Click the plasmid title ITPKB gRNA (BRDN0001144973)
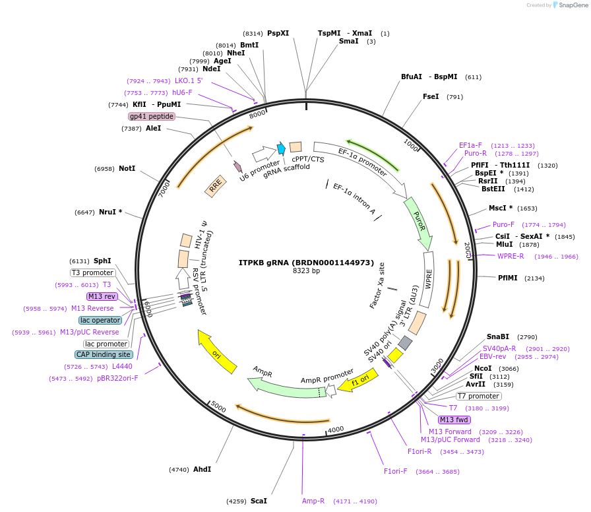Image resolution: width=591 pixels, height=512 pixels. pyautogui.click(x=306, y=262)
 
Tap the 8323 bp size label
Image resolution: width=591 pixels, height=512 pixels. pyautogui.click(x=306, y=271)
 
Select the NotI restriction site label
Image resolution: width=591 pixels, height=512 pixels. pyautogui.click(x=127, y=169)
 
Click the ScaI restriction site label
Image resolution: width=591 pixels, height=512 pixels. pyautogui.click(x=259, y=501)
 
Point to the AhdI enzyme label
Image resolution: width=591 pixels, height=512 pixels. pyautogui.click(x=202, y=469)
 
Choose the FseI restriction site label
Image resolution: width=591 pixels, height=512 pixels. pyautogui.click(x=431, y=97)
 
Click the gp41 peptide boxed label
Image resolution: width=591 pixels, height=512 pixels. pyautogui.click(x=152, y=117)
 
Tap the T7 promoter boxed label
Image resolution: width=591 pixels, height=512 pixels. pyautogui.click(x=478, y=396)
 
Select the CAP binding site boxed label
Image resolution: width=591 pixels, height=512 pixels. pyautogui.click(x=104, y=354)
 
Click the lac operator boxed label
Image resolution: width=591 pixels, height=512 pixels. pyautogui.click(x=100, y=320)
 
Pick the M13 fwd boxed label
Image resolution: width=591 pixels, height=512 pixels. pyautogui.click(x=454, y=420)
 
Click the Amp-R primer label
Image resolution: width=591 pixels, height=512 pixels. pyautogui.click(x=313, y=501)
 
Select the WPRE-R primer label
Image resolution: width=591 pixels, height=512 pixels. pyautogui.click(x=511, y=256)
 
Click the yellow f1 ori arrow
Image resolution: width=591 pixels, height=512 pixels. pyautogui.click(x=358, y=381)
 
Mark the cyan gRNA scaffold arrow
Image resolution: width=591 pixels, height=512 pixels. pyautogui.click(x=281, y=148)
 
